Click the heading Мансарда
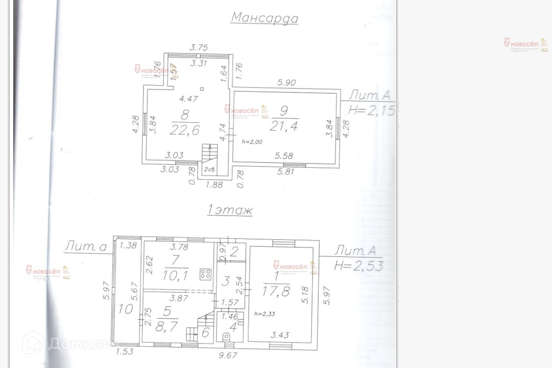coord(265,18)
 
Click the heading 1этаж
coord(230,211)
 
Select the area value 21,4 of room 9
coord(284,126)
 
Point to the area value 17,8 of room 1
coord(276,291)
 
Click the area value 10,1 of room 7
coord(176,275)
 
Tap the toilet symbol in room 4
coord(226,337)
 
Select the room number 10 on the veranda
coord(125,309)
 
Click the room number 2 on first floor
coord(234,252)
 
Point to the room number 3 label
coord(226,282)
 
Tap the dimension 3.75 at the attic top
coord(198,47)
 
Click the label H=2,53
coord(359,265)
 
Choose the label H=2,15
coord(372,110)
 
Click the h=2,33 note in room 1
coord(264,314)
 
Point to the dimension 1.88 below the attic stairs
coord(214,185)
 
